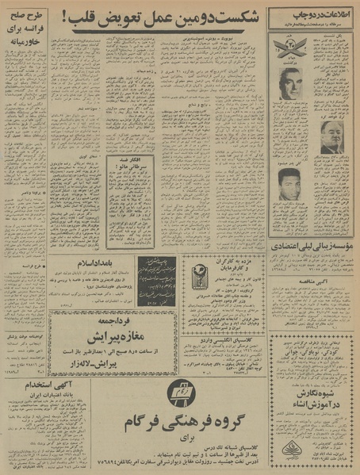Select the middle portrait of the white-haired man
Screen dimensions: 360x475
coord(331,136)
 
